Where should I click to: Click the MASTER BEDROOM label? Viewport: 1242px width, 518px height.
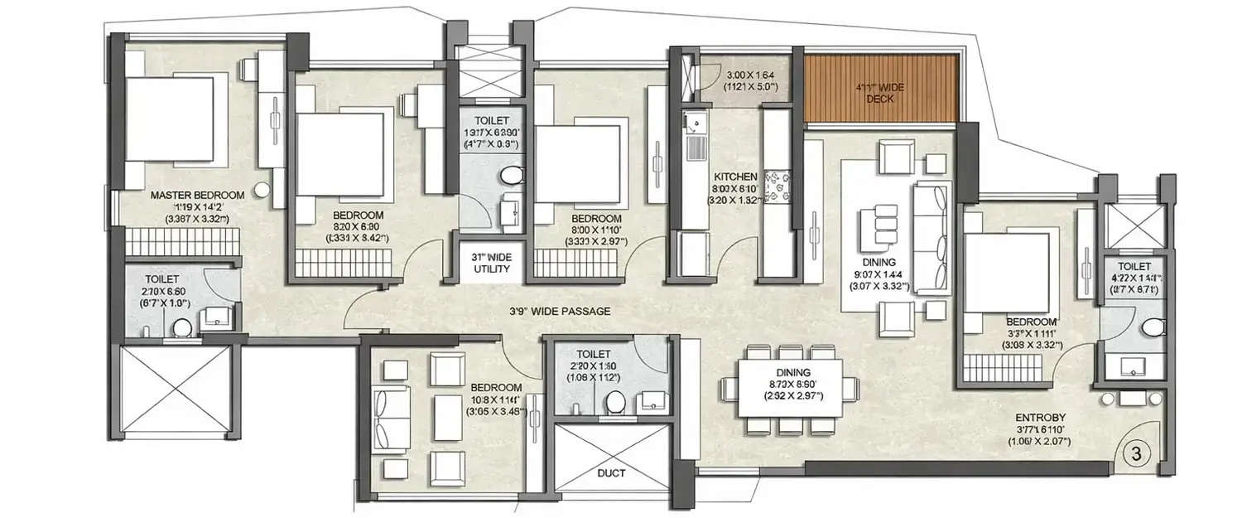197,196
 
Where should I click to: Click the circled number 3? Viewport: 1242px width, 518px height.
1136,454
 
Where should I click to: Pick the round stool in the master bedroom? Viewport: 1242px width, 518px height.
262,190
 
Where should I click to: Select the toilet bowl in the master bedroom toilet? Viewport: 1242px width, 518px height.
181,329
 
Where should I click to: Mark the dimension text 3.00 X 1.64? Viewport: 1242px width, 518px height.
750,75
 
